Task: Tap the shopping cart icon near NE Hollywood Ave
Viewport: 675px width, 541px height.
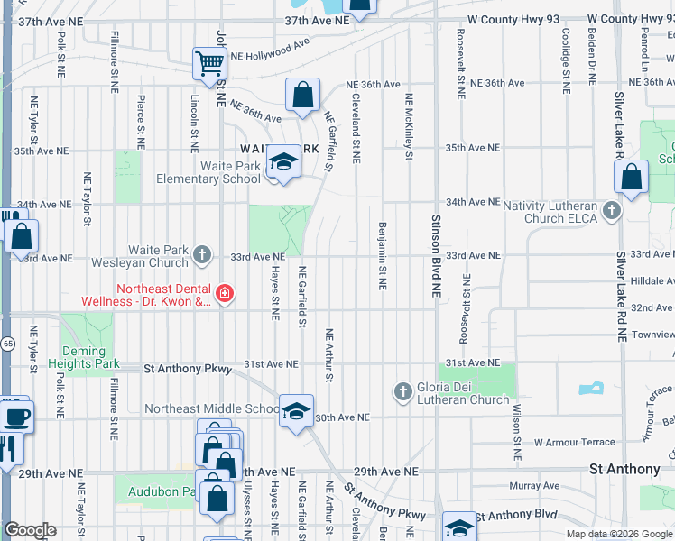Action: tap(209, 64)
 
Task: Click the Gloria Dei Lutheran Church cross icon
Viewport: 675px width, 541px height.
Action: tap(402, 391)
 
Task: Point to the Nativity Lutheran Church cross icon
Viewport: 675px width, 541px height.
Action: tap(612, 211)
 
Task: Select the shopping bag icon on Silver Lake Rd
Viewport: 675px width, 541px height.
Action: tap(632, 177)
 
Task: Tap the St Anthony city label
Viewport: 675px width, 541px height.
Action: tap(624, 469)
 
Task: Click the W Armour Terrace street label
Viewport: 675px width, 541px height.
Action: tap(575, 442)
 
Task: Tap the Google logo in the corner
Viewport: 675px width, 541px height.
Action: tap(30, 530)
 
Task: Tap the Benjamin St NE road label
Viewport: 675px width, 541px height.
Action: tap(383, 256)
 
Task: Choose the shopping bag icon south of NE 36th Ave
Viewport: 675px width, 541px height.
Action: tap(303, 95)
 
